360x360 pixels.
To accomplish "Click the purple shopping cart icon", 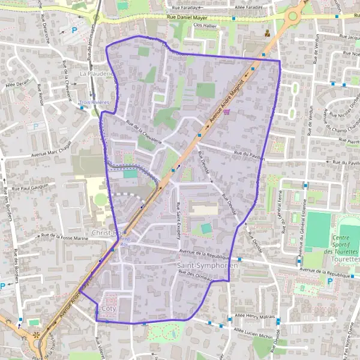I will tap(226, 111).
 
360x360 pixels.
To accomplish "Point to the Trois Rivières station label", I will tap(94, 103).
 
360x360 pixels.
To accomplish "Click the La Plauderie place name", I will tap(96, 74).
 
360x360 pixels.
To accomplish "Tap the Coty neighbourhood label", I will tap(109, 309).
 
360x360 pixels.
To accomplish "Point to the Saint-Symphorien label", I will tap(208, 265).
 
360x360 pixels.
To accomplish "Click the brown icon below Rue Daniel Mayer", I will tap(267, 33).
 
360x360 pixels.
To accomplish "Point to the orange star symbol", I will tap(37, 334).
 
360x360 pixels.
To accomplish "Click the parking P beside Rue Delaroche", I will tap(75, 30).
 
